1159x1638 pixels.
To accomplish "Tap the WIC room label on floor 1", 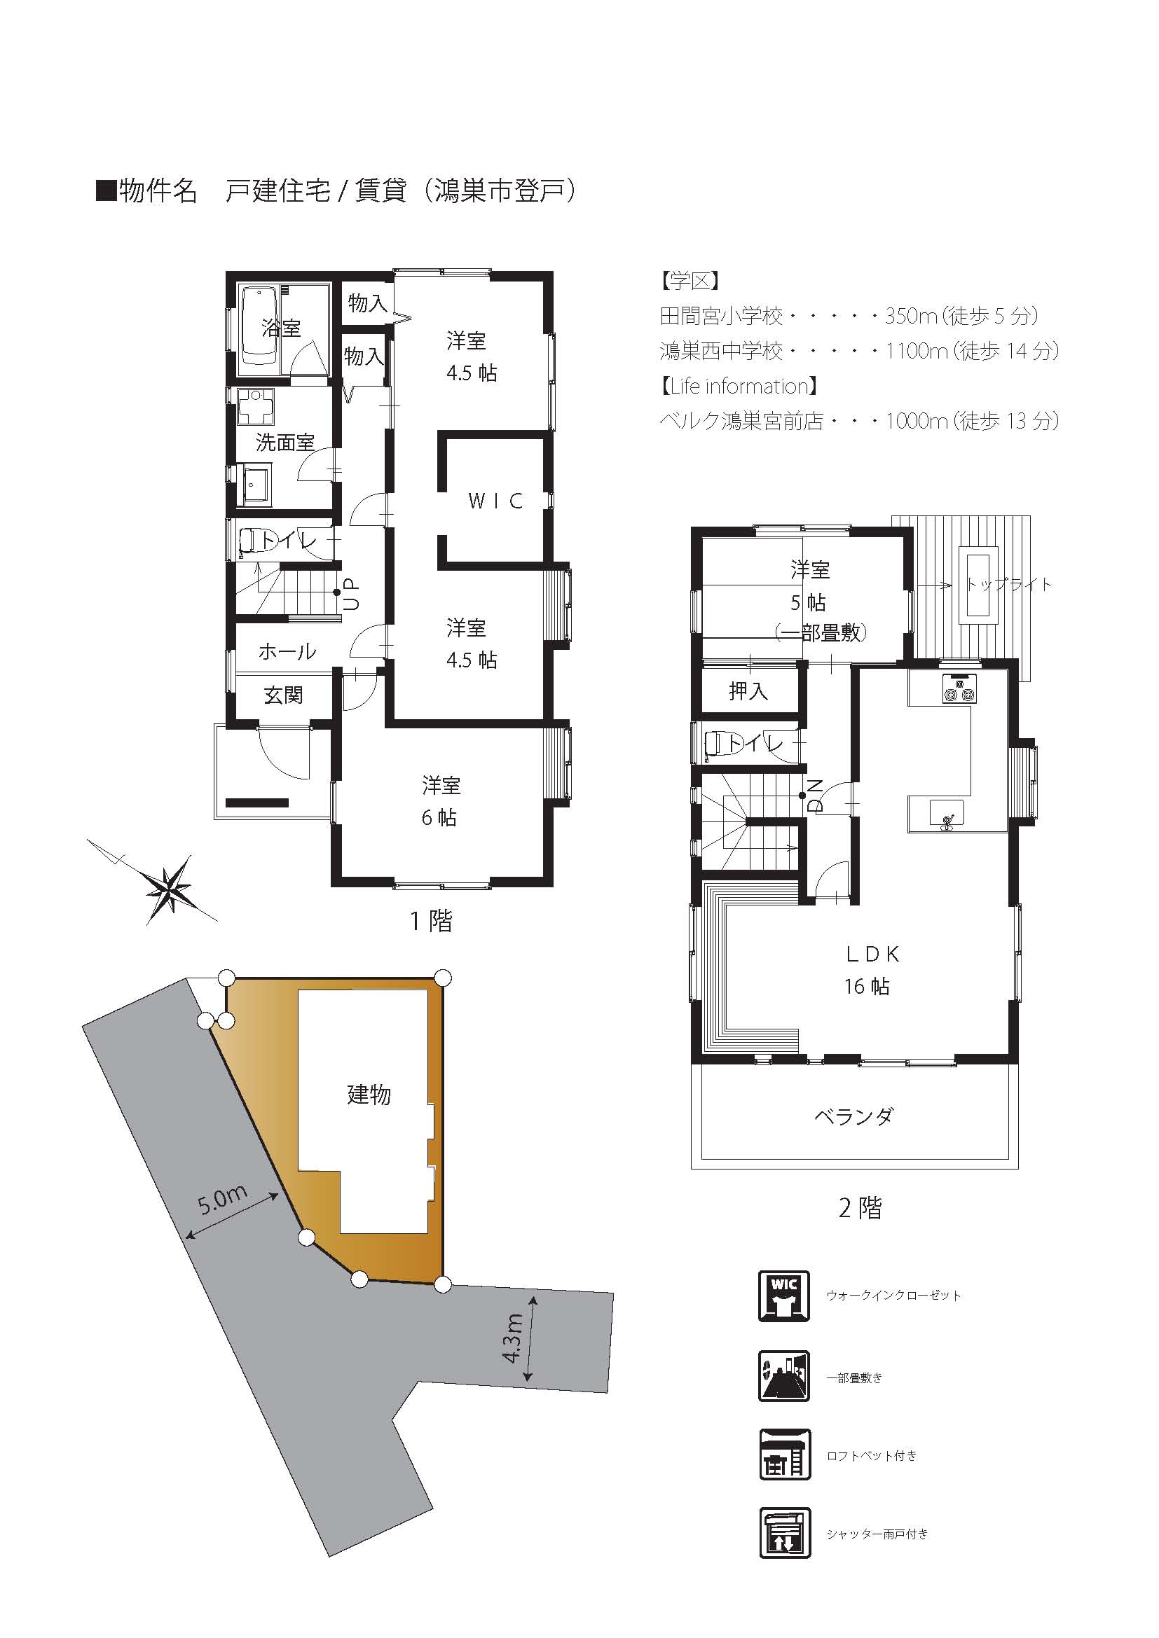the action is (495, 501).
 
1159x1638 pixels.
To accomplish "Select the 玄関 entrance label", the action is (283, 695).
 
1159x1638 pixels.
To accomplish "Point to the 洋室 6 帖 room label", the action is (440, 801).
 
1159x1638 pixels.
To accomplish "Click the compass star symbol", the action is (169, 889).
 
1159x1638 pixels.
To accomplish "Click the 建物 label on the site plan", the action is (369, 1095).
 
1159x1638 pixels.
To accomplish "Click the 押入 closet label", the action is (748, 690).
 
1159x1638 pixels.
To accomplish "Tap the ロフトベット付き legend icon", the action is (783, 1455).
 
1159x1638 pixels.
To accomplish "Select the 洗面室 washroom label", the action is (284, 443).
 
